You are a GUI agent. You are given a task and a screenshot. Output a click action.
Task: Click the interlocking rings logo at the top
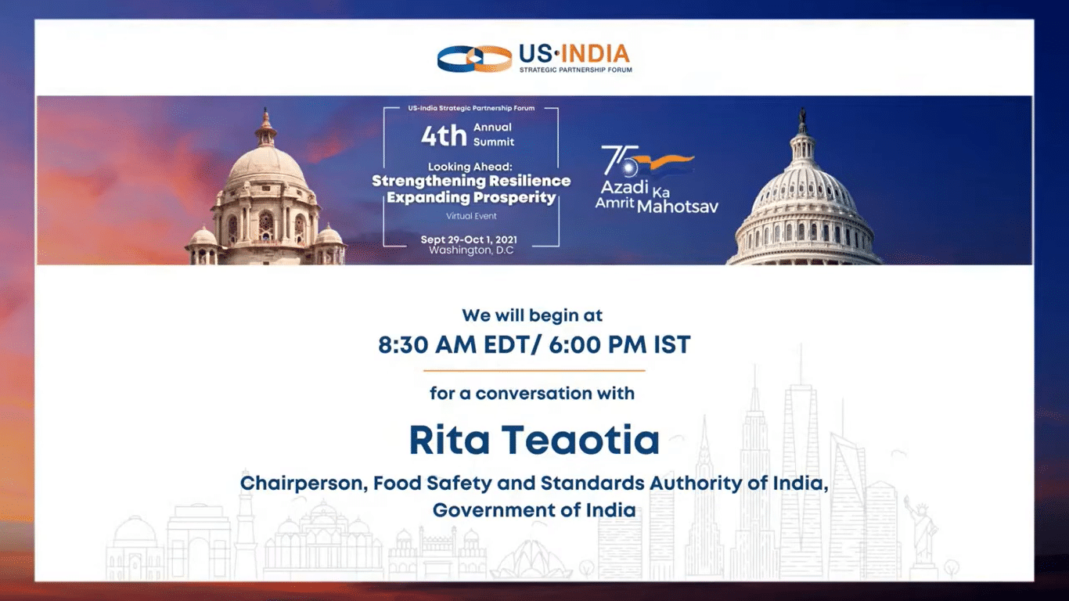point(474,58)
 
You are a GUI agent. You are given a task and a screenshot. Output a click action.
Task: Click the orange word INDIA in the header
point(596,54)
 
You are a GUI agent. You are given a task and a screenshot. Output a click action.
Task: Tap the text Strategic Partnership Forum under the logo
point(575,70)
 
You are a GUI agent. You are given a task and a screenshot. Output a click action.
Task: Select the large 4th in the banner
point(444,135)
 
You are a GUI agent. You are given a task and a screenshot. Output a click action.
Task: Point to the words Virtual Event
point(472,216)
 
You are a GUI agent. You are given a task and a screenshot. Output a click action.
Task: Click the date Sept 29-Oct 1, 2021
point(469,239)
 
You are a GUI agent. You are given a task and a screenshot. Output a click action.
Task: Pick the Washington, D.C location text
point(472,250)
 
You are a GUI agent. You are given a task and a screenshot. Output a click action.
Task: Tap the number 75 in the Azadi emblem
point(620,160)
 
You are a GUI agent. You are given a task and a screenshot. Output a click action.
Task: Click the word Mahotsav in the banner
point(678,207)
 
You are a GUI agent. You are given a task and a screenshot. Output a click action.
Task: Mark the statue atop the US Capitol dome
point(803,116)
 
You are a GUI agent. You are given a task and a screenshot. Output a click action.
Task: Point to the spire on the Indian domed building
point(266,120)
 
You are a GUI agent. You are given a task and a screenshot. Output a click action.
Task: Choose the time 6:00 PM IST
point(620,344)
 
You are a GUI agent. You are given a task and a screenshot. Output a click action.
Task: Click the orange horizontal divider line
point(534,370)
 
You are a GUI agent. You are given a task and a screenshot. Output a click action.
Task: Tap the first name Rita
point(449,440)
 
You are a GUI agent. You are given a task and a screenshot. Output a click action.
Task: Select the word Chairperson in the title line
point(304,484)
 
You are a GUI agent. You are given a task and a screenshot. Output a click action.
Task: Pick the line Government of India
point(534,510)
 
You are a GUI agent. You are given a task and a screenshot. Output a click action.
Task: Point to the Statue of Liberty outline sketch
point(923,534)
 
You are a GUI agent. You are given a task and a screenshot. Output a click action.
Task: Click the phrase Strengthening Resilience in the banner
point(471,181)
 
